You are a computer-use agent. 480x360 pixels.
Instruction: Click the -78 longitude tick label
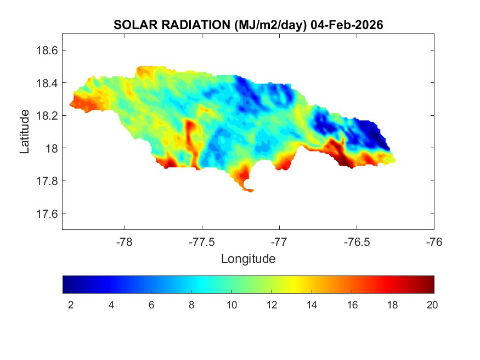tap(125, 241)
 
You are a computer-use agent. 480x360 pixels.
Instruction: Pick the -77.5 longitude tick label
tap(202, 241)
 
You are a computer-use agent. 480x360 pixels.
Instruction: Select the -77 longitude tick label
tap(280, 241)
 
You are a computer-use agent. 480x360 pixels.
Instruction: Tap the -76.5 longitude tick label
tap(357, 241)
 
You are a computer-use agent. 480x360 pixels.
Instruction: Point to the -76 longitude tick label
tap(434, 241)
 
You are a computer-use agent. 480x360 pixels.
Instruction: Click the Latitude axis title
tap(25, 132)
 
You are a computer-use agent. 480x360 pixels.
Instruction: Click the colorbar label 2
tap(71, 306)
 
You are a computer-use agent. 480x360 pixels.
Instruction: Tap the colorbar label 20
tap(432, 306)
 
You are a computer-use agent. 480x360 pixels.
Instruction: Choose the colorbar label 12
tap(271, 306)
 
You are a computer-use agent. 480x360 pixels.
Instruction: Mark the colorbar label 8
tap(191, 306)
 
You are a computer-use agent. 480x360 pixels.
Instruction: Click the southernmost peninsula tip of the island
tap(250, 191)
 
